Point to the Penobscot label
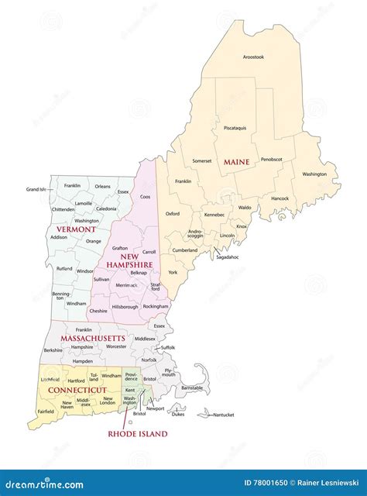pyautogui.click(x=272, y=159)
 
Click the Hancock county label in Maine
pyautogui.click(x=280, y=198)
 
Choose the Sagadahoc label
pyautogui.click(x=228, y=256)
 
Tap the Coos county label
pyautogui.click(x=145, y=197)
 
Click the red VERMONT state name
pyautogui.click(x=76, y=229)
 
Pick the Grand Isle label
pyautogui.click(x=36, y=189)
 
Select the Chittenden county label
pyautogui.click(x=63, y=209)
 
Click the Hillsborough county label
pyautogui.click(x=124, y=307)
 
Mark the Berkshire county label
pyautogui.click(x=53, y=350)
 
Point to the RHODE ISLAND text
pyautogui.click(x=137, y=435)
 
